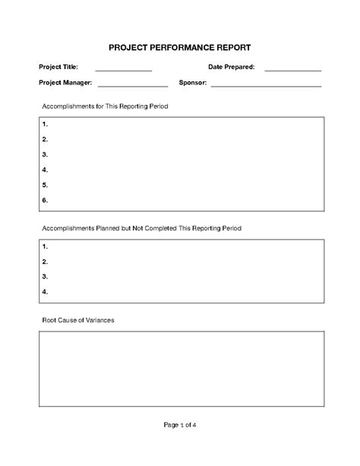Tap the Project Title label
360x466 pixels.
(58, 68)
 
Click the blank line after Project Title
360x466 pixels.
(124, 69)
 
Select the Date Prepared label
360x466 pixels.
(232, 68)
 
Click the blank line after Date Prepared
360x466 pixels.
(292, 69)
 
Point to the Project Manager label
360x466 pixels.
(65, 83)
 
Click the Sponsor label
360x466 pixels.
(193, 83)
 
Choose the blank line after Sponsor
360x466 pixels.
(266, 84)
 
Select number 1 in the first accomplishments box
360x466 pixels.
(46, 124)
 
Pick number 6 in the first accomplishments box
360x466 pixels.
(46, 200)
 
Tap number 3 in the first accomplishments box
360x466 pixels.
(46, 154)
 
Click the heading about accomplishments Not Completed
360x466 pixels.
(141, 228)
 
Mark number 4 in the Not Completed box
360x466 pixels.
(46, 291)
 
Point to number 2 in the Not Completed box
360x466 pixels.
(46, 262)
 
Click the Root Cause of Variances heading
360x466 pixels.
(77, 320)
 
